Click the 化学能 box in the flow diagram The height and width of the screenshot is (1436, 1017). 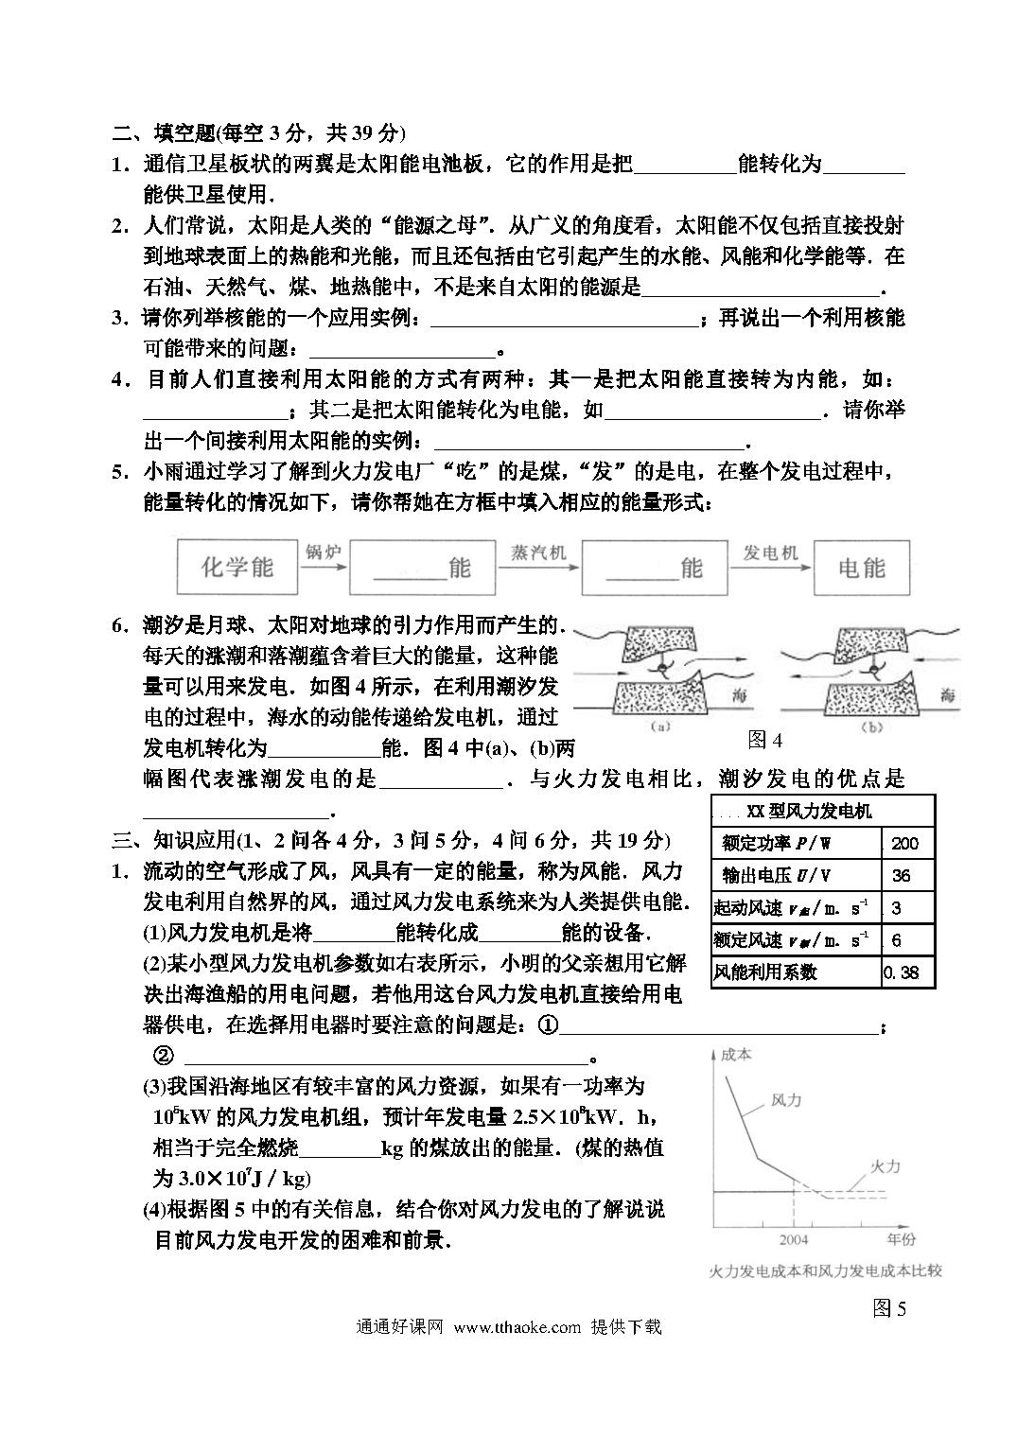pyautogui.click(x=237, y=567)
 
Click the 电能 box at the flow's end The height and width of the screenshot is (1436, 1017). pyautogui.click(x=861, y=568)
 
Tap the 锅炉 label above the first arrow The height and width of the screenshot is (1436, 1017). pyautogui.click(x=322, y=552)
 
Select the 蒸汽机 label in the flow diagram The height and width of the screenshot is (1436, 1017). pyautogui.click(x=536, y=552)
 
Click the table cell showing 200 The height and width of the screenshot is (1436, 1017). pyautogui.click(x=905, y=843)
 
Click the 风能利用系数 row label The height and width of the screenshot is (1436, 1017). pyautogui.click(x=765, y=972)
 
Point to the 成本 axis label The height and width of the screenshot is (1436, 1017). pyautogui.click(x=735, y=1054)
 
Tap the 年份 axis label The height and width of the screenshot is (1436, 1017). pyautogui.click(x=902, y=1238)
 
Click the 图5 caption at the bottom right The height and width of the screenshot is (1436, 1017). pyautogui.click(x=889, y=1308)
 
